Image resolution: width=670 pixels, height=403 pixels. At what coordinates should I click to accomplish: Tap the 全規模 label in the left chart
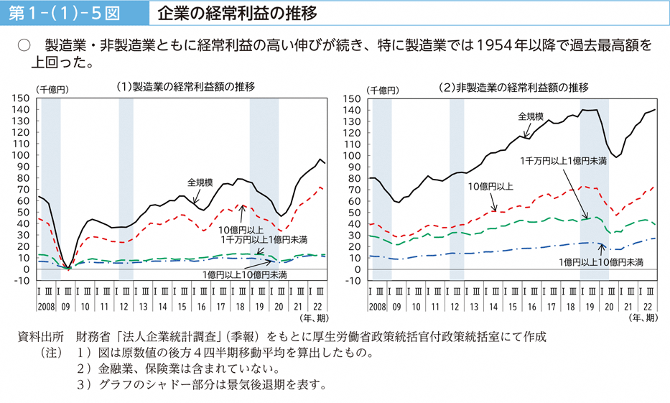point(200,182)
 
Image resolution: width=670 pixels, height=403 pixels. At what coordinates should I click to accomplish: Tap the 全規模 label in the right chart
point(531,116)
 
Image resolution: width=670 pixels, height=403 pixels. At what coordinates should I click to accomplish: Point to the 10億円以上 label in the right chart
point(490,186)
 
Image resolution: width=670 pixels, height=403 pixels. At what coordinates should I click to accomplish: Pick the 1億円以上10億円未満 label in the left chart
point(245,274)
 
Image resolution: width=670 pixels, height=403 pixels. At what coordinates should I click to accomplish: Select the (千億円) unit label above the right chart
point(383,90)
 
